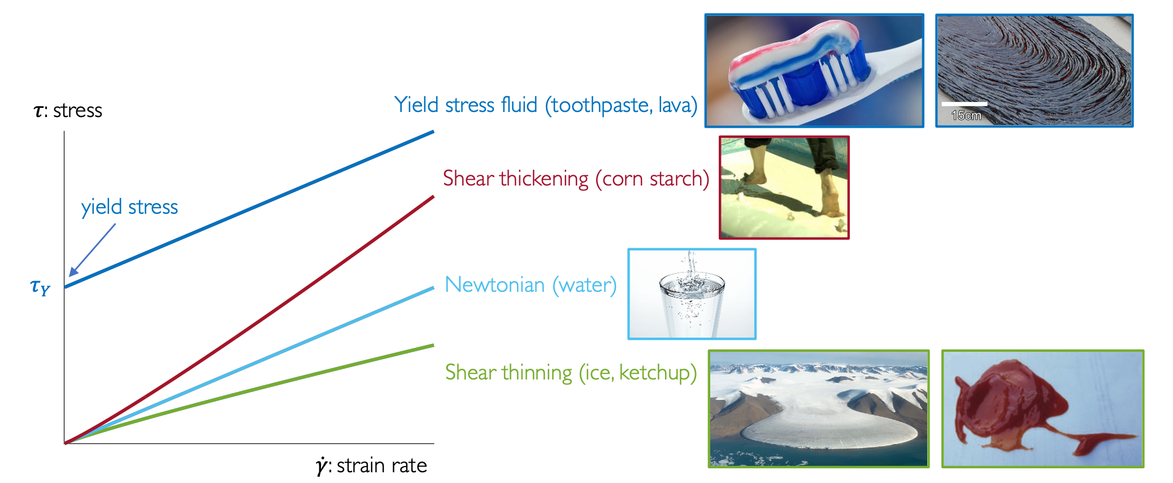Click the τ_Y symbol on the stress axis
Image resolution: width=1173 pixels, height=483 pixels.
click(40, 288)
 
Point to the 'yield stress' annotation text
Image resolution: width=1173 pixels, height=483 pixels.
click(129, 207)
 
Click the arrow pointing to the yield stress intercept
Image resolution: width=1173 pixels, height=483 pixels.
click(92, 250)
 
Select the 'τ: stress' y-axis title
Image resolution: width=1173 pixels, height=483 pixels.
click(68, 110)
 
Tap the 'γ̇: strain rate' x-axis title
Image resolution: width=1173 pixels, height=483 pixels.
click(371, 465)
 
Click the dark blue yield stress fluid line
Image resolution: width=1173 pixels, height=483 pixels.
click(249, 209)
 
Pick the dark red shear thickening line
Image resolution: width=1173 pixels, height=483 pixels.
click(249, 320)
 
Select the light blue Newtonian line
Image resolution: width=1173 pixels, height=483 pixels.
click(249, 365)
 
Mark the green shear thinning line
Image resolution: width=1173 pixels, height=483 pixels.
click(249, 394)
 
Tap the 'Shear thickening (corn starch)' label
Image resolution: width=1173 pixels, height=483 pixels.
click(576, 179)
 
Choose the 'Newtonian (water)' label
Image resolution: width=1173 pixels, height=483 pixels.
click(531, 284)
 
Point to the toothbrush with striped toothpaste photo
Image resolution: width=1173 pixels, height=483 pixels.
click(814, 71)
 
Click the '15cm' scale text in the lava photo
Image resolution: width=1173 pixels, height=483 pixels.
click(966, 115)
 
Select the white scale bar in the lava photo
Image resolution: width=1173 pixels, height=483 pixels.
click(965, 104)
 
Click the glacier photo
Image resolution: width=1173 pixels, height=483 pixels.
click(819, 409)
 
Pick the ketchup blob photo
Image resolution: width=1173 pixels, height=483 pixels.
click(1042, 409)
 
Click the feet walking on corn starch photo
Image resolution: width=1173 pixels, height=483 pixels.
click(784, 187)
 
